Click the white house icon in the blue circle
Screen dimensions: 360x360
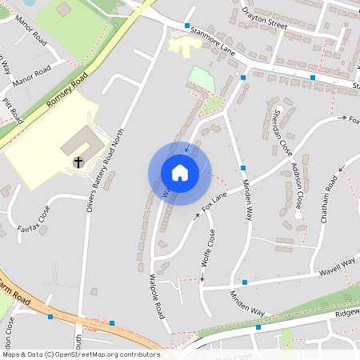pyautogui.click(x=180, y=173)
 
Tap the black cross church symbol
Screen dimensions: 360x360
pyautogui.click(x=79, y=162)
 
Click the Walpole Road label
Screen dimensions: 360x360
pyautogui.click(x=157, y=294)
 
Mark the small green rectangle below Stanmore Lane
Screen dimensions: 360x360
pyautogui.click(x=202, y=78)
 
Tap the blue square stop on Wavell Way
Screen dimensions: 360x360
pyautogui.click(x=245, y=282)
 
